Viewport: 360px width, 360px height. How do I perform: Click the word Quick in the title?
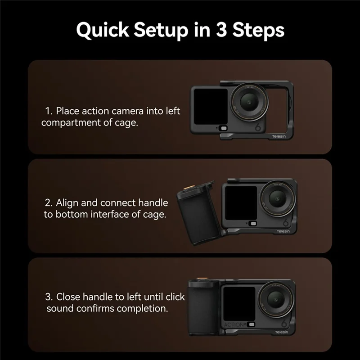click(x=103, y=30)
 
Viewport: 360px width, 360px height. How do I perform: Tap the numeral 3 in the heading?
click(x=221, y=29)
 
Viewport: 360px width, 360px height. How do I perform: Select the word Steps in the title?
click(x=258, y=31)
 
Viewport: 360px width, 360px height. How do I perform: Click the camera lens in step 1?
click(x=249, y=102)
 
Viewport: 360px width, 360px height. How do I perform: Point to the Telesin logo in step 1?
click(x=279, y=136)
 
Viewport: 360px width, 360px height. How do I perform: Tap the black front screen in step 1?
click(x=211, y=107)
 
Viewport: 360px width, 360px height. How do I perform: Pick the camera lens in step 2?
click(x=277, y=198)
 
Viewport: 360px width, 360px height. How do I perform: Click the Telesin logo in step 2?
click(x=283, y=231)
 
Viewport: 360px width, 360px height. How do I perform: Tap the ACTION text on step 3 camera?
click(x=234, y=324)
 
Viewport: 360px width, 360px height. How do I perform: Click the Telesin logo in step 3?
click(x=282, y=332)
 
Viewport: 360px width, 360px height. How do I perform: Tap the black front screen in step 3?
click(x=239, y=304)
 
